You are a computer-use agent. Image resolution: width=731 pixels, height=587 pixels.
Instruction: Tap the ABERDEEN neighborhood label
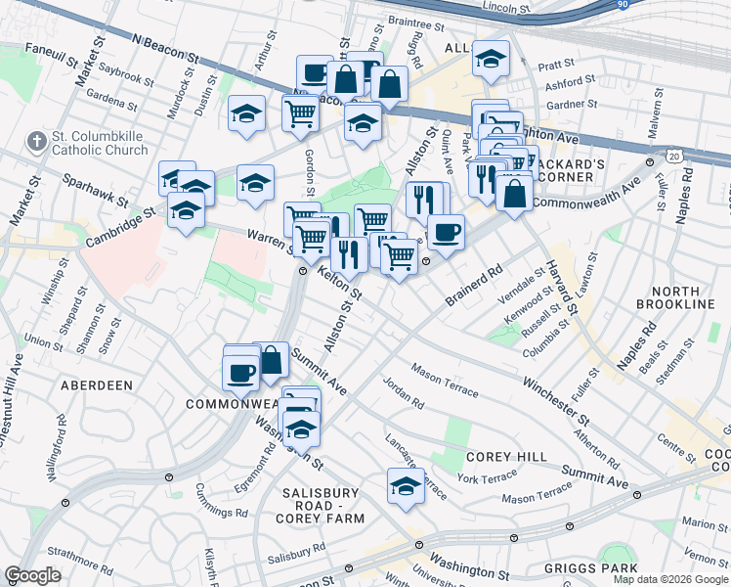97,385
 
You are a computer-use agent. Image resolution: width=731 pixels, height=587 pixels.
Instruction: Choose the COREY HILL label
497,457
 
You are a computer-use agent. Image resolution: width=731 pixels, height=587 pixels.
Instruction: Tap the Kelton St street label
340,287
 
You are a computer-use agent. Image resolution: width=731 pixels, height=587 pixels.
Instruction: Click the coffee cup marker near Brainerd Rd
446,232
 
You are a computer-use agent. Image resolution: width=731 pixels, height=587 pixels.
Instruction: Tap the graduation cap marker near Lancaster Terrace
406,484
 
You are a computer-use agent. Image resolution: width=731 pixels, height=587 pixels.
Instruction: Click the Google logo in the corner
32,575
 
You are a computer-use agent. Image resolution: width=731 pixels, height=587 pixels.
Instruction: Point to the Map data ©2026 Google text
669,579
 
